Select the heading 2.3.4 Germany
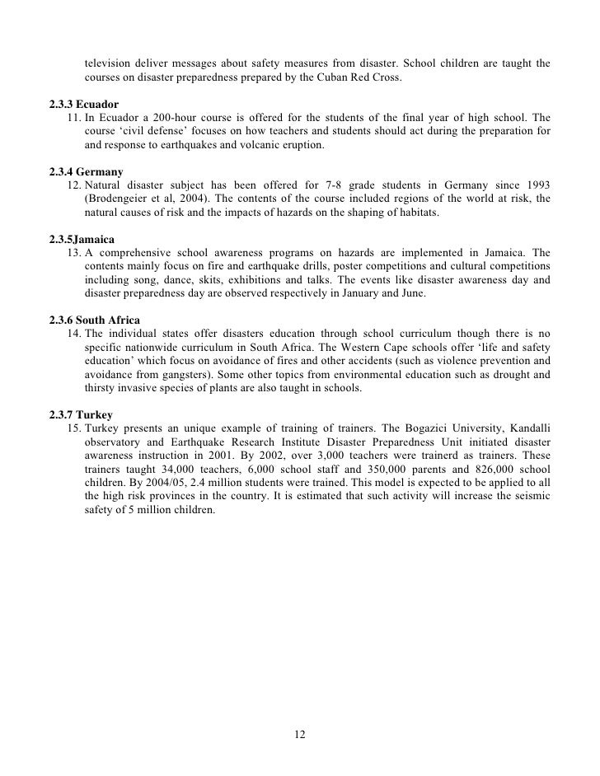click(x=87, y=171)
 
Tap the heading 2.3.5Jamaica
click(x=84, y=238)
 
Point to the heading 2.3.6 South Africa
click(x=95, y=319)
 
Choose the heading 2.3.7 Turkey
click(x=82, y=414)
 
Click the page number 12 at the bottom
click(x=300, y=734)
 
